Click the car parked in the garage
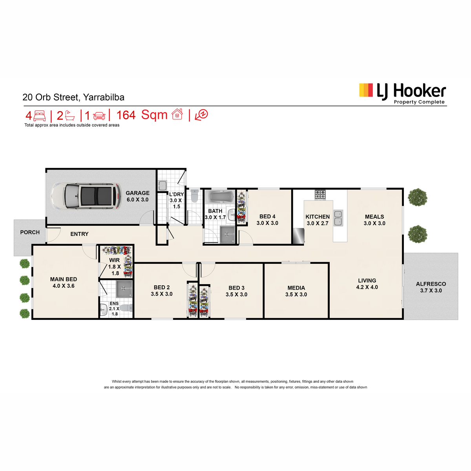click(x=86, y=196)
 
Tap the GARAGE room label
click(x=137, y=193)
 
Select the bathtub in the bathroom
click(x=219, y=197)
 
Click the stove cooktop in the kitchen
click(x=320, y=195)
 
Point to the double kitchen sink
click(x=338, y=218)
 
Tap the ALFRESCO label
click(x=431, y=284)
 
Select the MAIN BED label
click(x=64, y=279)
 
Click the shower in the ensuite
click(x=124, y=288)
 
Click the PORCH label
click(x=30, y=232)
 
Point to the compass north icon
click(x=201, y=115)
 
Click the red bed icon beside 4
click(x=39, y=116)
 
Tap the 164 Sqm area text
click(x=142, y=115)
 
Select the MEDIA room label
click(x=296, y=288)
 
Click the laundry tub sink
click(x=162, y=186)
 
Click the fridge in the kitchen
click(x=298, y=236)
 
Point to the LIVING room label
click(x=367, y=280)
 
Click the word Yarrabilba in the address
click(x=104, y=97)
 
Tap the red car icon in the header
click(x=99, y=116)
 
